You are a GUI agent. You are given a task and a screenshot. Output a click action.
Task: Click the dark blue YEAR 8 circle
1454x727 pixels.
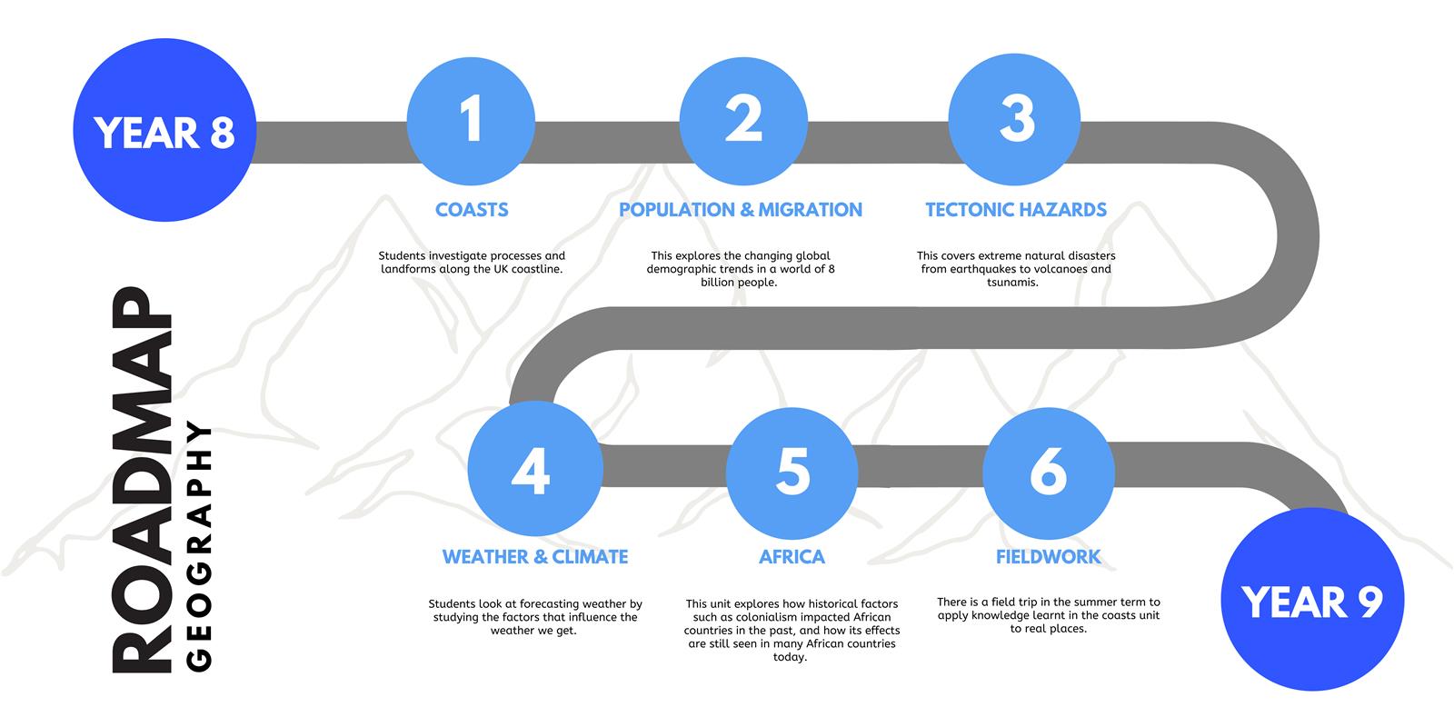coord(164,130)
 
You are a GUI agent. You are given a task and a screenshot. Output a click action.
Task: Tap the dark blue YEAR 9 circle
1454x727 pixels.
coord(1312,599)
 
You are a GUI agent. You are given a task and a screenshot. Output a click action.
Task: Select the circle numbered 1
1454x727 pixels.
coord(472,122)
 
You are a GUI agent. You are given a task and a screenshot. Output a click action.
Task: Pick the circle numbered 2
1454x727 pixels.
coord(744,122)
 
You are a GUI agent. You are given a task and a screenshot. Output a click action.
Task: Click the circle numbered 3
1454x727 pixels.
coord(1014,119)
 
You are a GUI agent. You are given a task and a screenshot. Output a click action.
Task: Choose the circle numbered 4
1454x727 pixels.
coord(535,469)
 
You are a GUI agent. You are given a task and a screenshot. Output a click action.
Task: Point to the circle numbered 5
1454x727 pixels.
coord(792,473)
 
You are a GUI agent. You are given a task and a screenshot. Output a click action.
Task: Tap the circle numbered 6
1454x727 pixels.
coord(1049,473)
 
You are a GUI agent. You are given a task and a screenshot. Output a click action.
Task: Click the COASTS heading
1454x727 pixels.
coord(472,210)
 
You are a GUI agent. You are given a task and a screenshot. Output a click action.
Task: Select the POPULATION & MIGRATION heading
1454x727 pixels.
coord(741,210)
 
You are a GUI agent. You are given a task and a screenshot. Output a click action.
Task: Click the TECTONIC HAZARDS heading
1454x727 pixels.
coord(1016,210)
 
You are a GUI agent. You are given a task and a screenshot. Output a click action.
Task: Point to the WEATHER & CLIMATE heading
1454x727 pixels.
coord(535,557)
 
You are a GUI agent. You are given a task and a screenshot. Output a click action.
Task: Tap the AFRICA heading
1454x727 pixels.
coord(792,557)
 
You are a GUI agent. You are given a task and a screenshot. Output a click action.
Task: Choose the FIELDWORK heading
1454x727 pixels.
coord(1049,557)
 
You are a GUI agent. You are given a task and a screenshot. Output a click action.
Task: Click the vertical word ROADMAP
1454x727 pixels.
coord(142,480)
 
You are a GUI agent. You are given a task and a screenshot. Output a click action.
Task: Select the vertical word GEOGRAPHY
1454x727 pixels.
coord(199,546)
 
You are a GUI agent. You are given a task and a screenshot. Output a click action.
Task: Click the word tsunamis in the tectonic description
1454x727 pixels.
coord(1012,283)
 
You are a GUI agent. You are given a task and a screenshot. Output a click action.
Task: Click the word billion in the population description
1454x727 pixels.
coord(719,283)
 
